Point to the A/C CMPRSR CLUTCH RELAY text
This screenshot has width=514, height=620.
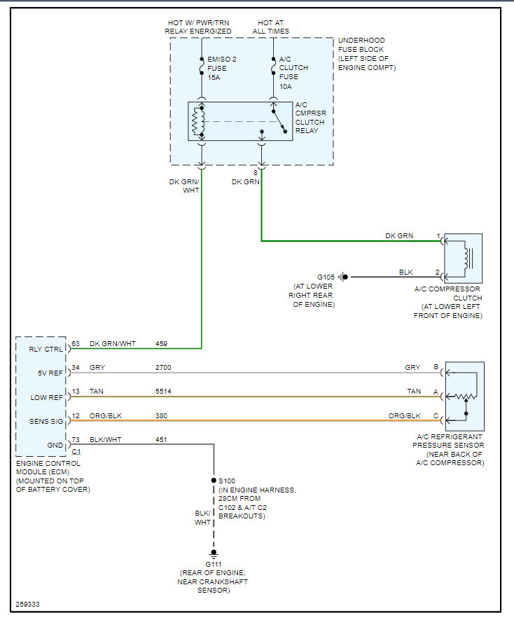tap(310, 118)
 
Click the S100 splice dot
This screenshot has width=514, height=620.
tap(213, 481)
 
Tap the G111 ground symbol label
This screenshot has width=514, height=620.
tap(213, 565)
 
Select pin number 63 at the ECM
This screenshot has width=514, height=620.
tap(76, 344)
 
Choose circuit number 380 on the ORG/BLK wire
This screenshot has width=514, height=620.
tap(162, 415)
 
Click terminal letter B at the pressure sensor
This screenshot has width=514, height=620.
tap(437, 367)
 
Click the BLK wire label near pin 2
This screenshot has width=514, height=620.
tap(406, 272)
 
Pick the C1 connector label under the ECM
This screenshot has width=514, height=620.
tap(76, 452)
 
